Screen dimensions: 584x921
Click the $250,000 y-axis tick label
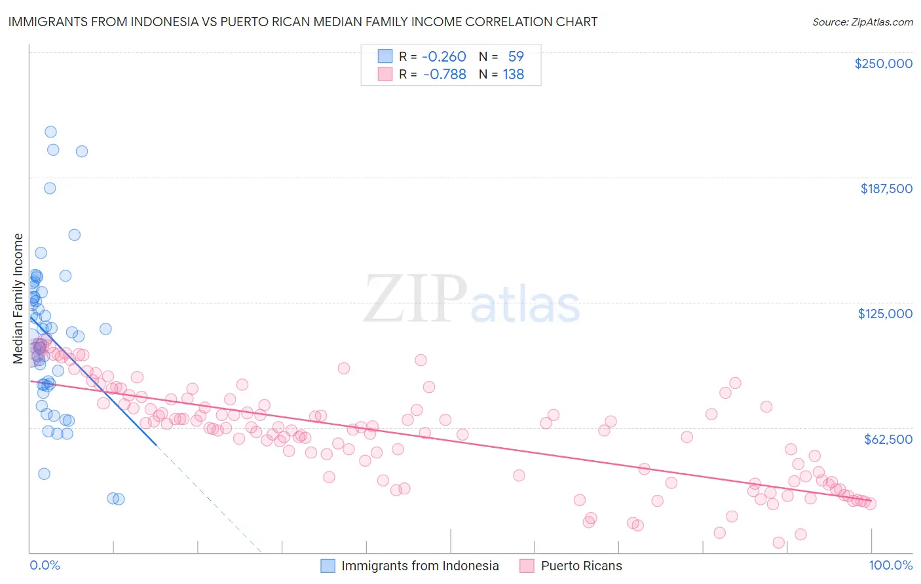tap(883, 64)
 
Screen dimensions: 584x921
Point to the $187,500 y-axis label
tap(886, 189)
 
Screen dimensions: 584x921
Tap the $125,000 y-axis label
tap(885, 314)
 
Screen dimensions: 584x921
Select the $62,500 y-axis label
tap(888, 439)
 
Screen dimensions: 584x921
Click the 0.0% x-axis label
tap(45, 566)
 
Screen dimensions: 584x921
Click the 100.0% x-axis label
tap(890, 566)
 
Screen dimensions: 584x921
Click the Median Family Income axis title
tap(18, 299)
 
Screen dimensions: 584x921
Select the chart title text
tap(303, 22)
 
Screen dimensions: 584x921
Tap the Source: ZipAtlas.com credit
tap(862, 22)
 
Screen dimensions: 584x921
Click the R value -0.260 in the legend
tap(443, 56)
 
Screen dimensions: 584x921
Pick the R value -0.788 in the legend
tap(444, 75)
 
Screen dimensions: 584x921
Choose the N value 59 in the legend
tap(516, 56)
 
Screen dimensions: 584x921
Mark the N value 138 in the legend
tap(513, 75)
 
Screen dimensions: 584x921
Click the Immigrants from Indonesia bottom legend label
tap(420, 566)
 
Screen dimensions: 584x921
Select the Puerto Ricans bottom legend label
tap(581, 566)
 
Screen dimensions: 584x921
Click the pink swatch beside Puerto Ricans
tap(527, 566)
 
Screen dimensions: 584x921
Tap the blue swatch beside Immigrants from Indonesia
tap(328, 566)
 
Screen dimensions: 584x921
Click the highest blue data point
tap(50, 132)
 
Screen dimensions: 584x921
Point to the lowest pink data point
tap(779, 542)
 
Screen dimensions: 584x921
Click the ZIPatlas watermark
tap(472, 299)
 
